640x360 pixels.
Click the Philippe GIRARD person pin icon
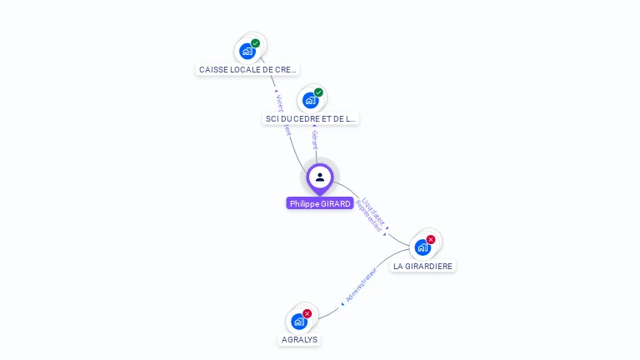320,177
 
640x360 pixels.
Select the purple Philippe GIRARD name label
320,203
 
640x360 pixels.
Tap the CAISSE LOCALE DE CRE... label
247,70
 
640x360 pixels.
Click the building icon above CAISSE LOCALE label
247,52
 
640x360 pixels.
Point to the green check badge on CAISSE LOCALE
255,43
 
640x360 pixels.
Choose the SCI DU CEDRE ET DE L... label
310,119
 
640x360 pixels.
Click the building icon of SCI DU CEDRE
311,101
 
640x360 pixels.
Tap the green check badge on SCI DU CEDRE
318,92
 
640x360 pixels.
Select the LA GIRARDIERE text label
423,267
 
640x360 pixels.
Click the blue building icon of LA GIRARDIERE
422,247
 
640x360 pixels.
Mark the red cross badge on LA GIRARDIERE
431,239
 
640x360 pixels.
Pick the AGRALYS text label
299,340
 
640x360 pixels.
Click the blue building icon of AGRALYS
298,322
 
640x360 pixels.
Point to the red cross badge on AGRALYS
307,313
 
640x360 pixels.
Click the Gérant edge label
314,139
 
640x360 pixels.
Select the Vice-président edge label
282,113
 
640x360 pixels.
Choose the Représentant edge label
367,216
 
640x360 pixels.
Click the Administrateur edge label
361,285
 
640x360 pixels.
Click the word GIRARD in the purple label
335,203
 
